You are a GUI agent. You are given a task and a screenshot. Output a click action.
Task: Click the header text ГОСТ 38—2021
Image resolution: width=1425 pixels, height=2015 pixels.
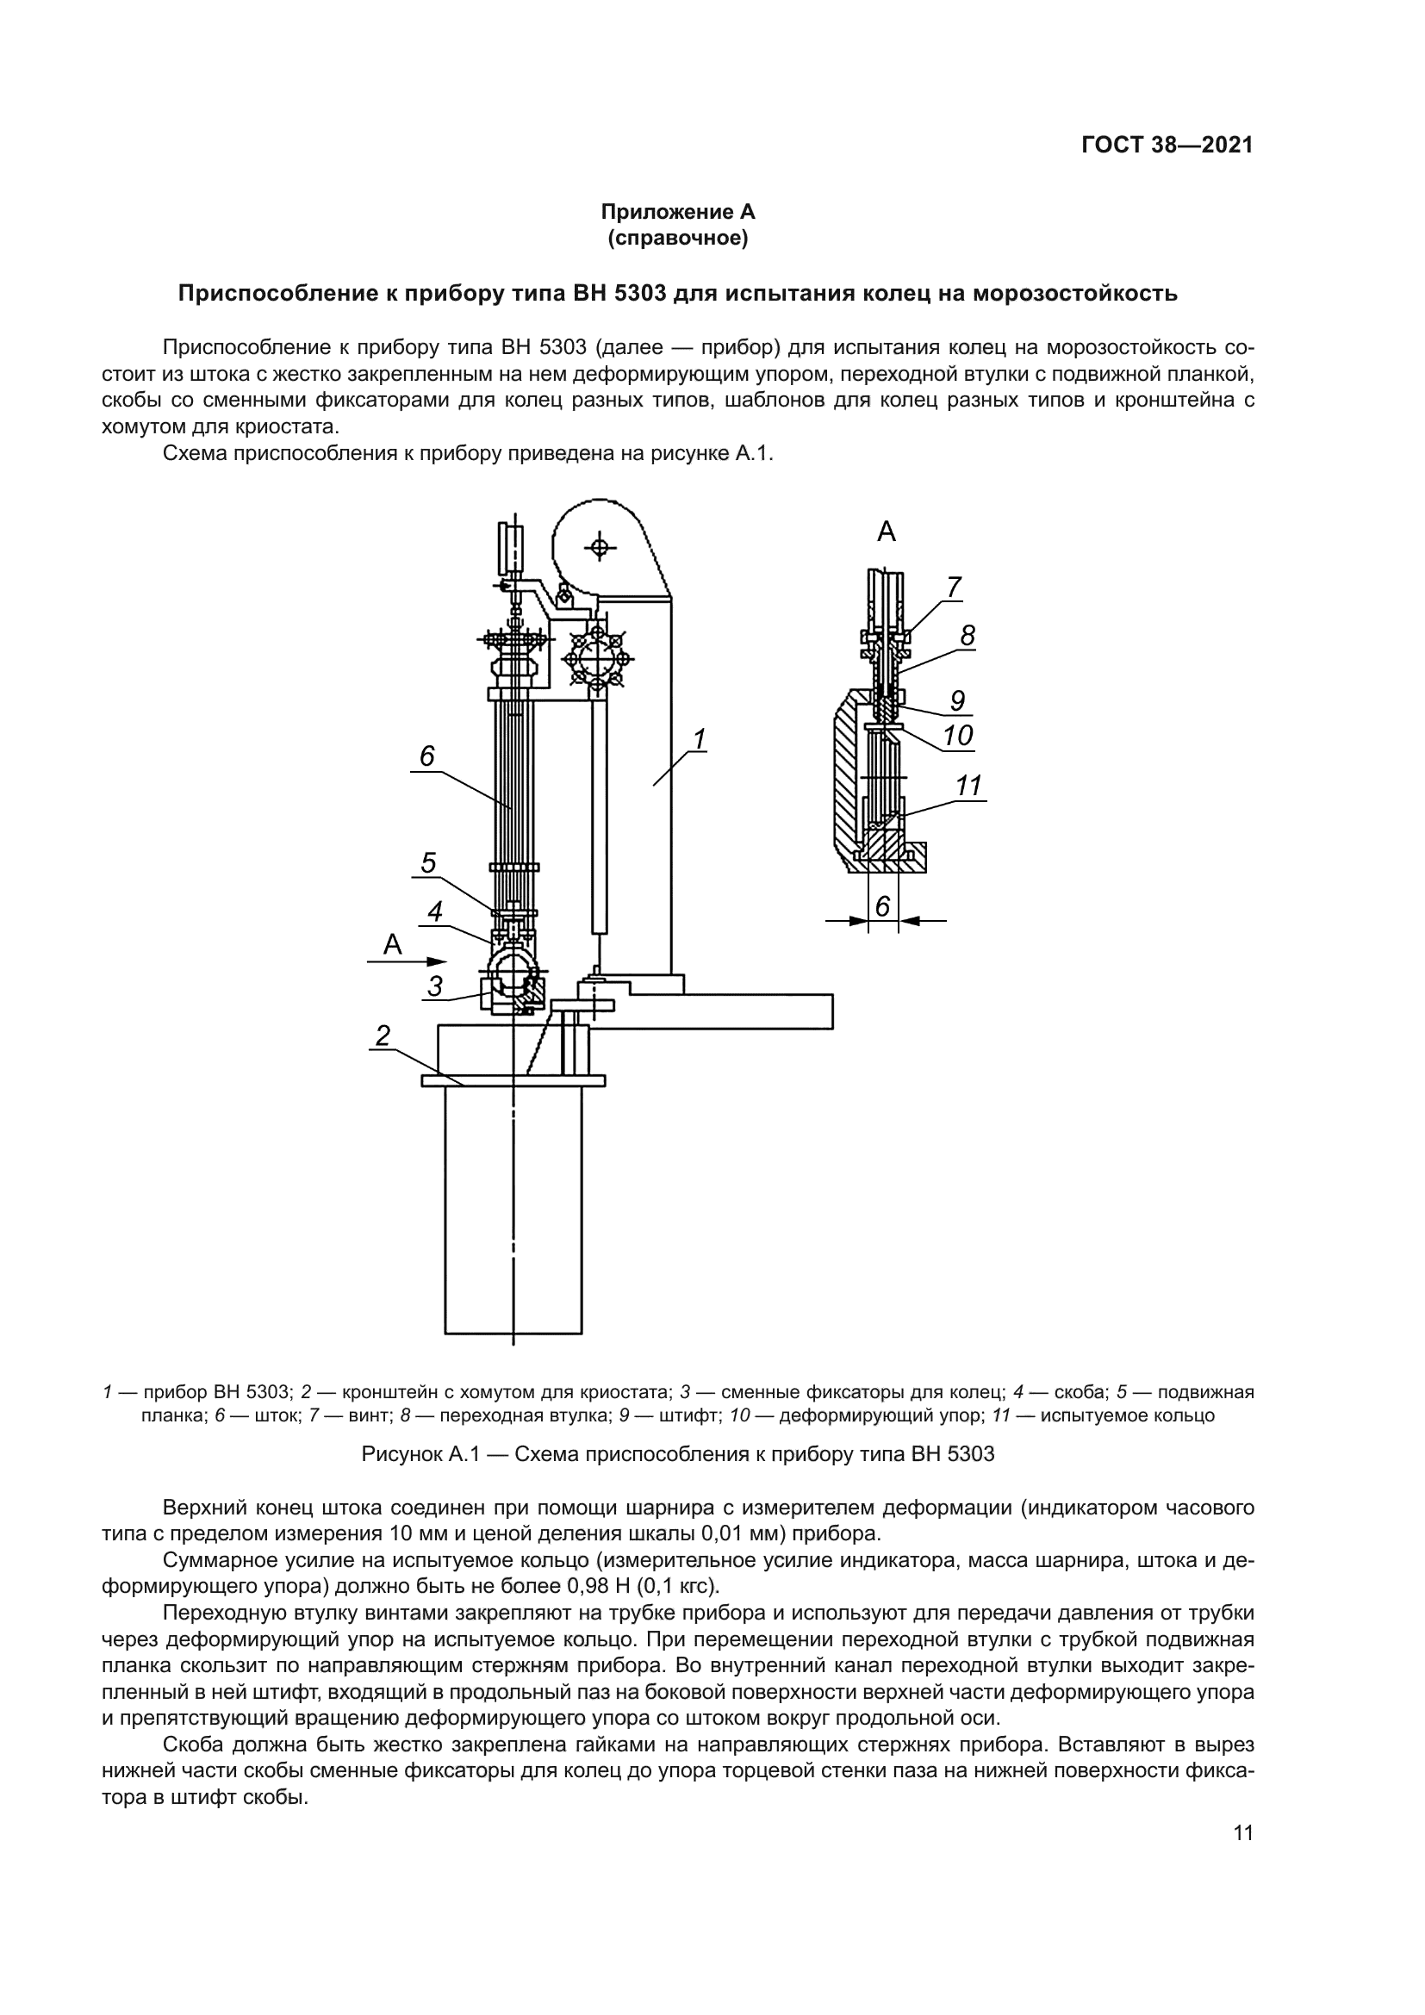pyautogui.click(x=1167, y=146)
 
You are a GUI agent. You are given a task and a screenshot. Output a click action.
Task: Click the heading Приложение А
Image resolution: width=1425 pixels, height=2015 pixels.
pyautogui.click(x=677, y=212)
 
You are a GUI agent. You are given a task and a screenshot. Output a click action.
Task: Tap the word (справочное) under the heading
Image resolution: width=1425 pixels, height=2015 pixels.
pyautogui.click(x=677, y=238)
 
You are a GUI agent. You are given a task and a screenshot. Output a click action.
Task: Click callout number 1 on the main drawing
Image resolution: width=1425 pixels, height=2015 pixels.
pyautogui.click(x=700, y=740)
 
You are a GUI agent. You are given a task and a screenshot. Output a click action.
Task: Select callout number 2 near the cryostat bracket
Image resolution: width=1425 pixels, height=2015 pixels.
pyautogui.click(x=383, y=1036)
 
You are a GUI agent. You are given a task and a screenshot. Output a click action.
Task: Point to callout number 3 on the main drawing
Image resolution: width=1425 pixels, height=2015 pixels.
pyautogui.click(x=435, y=986)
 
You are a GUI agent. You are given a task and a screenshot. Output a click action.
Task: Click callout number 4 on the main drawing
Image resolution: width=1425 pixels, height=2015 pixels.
pyautogui.click(x=435, y=912)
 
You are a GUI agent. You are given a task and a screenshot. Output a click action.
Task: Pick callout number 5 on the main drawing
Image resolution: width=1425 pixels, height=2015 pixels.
pyautogui.click(x=427, y=863)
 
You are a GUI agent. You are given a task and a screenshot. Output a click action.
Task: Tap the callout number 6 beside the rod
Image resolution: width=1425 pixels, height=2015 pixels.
pyautogui.click(x=427, y=756)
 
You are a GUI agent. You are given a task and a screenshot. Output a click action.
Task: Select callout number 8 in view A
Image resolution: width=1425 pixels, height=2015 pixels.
pyautogui.click(x=967, y=636)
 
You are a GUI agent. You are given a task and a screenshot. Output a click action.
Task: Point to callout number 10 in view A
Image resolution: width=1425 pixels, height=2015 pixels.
pyautogui.click(x=958, y=735)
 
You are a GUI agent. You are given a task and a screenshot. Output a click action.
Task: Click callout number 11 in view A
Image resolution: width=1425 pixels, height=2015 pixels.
pyautogui.click(x=968, y=786)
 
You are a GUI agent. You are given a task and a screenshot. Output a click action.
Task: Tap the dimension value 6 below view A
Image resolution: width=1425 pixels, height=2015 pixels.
pyautogui.click(x=883, y=905)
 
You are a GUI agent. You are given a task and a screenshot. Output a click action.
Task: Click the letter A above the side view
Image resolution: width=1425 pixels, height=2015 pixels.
pyautogui.click(x=887, y=532)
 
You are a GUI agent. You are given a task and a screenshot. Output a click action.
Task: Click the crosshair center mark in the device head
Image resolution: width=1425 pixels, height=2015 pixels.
pyautogui.click(x=600, y=549)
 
